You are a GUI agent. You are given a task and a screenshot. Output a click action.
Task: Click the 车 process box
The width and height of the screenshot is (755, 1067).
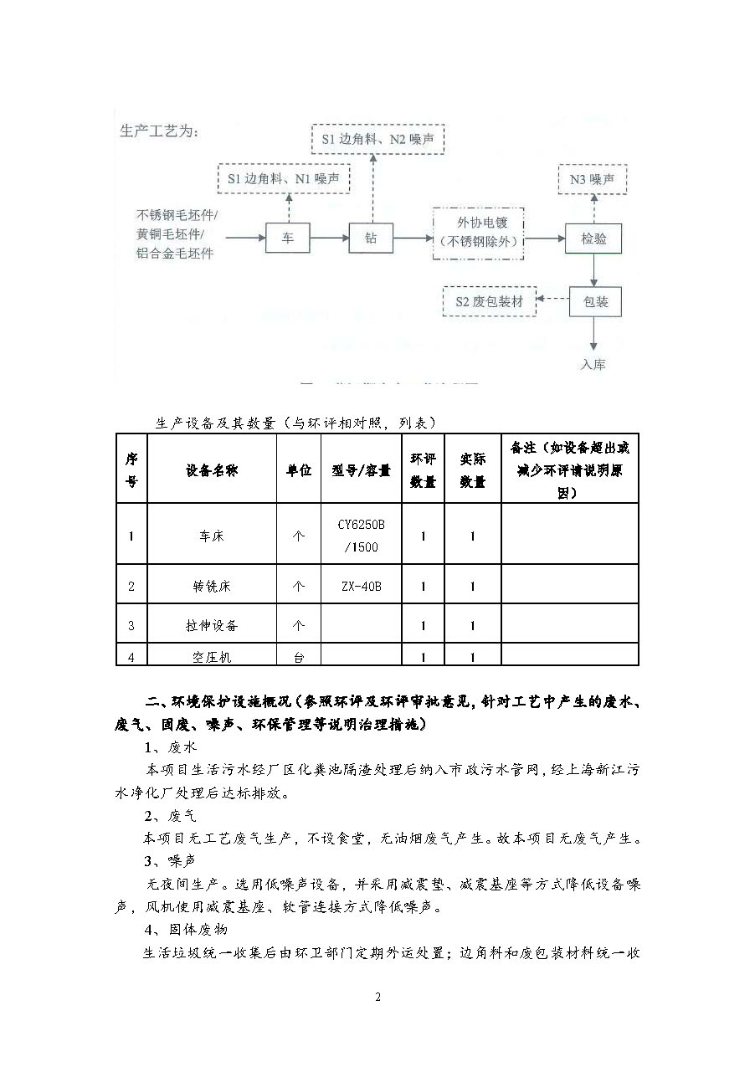click(288, 239)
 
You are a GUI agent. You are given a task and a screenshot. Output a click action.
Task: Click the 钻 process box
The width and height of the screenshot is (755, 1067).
click(371, 239)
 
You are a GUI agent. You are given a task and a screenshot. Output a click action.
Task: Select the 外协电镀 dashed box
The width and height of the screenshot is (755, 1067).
click(478, 232)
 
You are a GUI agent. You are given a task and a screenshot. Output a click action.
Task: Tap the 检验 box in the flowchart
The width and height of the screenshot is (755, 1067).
click(594, 239)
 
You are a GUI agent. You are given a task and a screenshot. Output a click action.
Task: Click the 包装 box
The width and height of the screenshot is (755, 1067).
click(595, 302)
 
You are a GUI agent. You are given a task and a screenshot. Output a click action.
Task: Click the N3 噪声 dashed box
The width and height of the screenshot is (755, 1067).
click(592, 179)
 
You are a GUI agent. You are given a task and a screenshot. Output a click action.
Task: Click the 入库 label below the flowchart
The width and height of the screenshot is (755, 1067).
click(593, 364)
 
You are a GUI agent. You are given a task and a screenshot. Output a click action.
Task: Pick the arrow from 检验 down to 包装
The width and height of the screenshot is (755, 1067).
click(594, 271)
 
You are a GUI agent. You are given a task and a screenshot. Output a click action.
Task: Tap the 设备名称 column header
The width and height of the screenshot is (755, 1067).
click(212, 470)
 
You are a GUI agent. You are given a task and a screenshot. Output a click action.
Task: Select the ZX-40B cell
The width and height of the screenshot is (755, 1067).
click(361, 586)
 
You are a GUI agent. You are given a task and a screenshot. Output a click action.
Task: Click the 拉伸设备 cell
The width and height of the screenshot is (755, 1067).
click(212, 625)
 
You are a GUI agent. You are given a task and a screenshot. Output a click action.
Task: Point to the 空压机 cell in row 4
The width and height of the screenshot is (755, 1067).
click(212, 658)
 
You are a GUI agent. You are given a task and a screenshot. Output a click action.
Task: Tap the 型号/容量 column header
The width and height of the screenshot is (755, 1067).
click(361, 470)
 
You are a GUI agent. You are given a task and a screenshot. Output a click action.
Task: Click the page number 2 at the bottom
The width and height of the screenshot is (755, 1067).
click(377, 997)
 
